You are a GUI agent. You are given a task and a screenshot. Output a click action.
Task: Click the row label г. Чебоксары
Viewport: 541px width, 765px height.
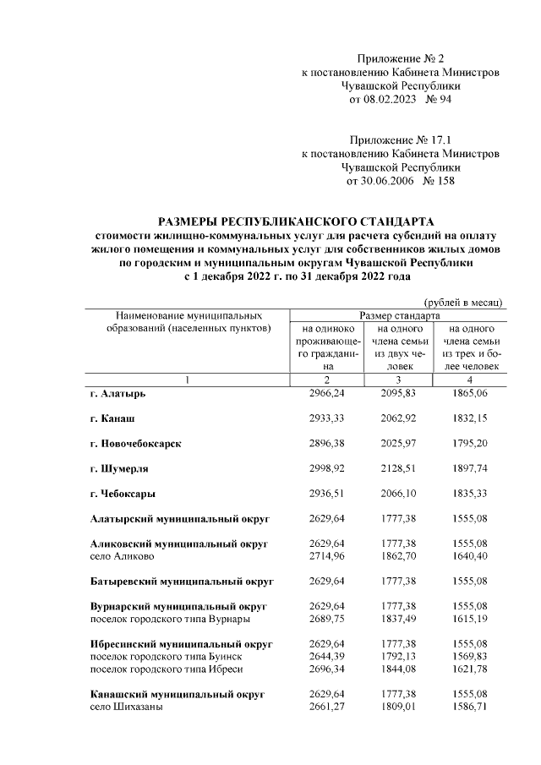pyautogui.click(x=123, y=493)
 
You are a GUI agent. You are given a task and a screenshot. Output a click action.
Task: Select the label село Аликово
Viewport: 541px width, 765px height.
pyautogui.click(x=122, y=556)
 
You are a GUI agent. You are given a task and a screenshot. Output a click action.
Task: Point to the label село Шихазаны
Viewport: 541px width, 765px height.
pyautogui.click(x=126, y=708)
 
